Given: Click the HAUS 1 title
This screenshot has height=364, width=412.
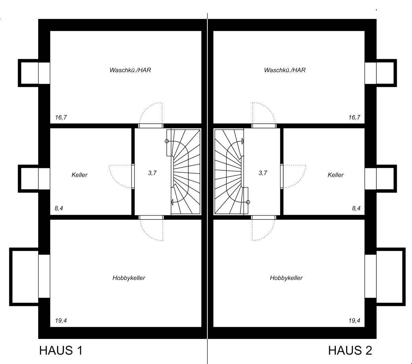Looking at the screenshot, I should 61,351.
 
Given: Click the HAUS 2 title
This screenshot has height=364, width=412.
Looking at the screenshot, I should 350,351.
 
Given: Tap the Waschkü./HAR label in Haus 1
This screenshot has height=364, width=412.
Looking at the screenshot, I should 130,70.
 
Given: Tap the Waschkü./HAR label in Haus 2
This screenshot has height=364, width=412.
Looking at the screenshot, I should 285,70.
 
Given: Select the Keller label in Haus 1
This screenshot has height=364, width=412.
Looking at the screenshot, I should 79,175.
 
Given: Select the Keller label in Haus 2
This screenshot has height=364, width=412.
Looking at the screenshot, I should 335,175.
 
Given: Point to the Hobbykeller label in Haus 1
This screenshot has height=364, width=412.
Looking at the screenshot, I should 129,278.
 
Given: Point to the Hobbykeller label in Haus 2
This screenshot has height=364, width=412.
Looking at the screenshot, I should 286,278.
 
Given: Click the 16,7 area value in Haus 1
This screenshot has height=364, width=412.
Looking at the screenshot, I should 61,117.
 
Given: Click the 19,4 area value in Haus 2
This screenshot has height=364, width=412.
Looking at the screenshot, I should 354,321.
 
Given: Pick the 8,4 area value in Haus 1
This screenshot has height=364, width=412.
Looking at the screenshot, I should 59,208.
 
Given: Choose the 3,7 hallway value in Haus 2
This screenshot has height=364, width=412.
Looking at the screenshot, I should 263,173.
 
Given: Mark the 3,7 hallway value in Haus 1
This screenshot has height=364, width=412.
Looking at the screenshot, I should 152,173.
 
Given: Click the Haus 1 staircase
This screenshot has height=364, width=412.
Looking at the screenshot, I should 185,172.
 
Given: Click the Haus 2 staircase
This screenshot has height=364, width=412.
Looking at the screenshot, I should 228,172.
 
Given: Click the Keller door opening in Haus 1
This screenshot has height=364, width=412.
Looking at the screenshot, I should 133,176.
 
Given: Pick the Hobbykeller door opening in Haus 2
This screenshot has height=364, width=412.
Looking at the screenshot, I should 264,217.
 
